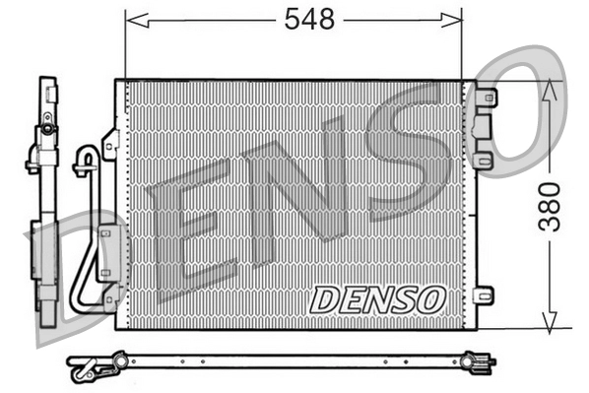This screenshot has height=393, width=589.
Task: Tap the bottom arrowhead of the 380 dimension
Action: [552, 322]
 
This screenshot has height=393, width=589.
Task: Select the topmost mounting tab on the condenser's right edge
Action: [484, 98]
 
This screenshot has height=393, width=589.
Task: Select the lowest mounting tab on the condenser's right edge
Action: [483, 295]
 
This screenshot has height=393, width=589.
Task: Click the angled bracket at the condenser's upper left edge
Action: [110, 143]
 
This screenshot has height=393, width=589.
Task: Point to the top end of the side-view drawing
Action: [46, 82]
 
